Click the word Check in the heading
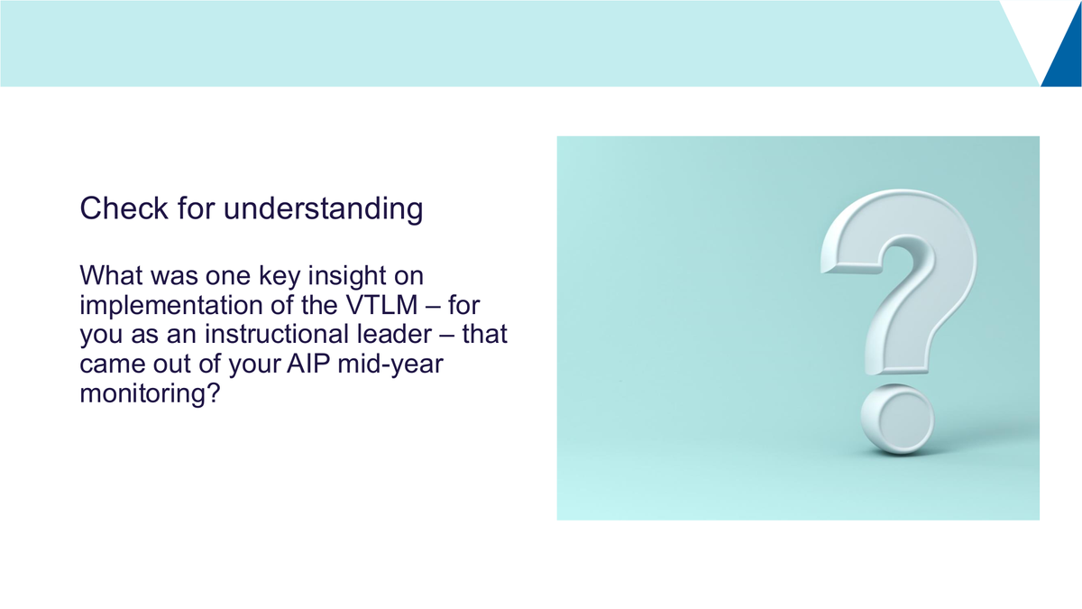click(x=124, y=208)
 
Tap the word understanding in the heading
click(x=323, y=209)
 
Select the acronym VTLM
click(x=381, y=305)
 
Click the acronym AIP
click(x=308, y=364)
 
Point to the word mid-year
click(x=390, y=364)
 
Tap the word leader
click(x=394, y=334)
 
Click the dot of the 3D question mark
click(x=897, y=420)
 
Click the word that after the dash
click(x=484, y=334)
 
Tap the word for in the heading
click(x=196, y=208)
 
